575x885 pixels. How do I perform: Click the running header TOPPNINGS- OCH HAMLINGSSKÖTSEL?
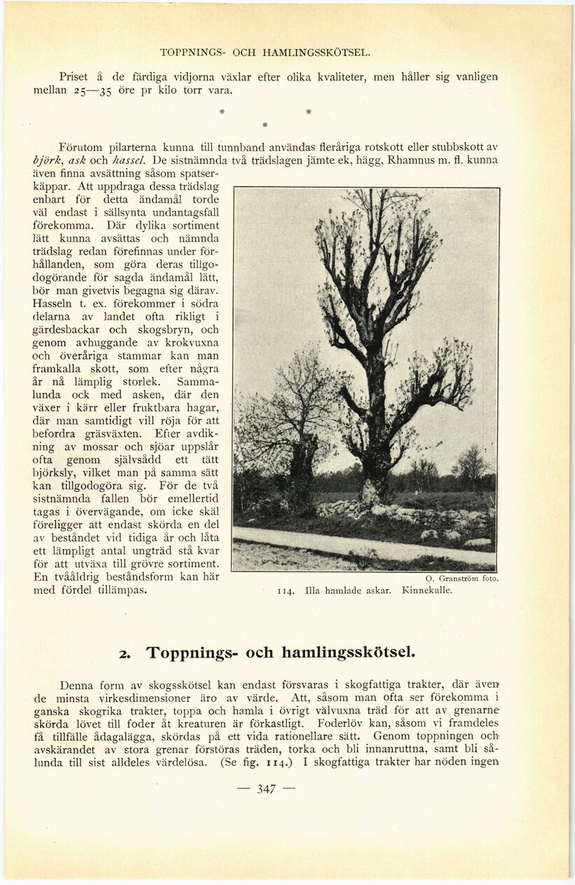(x=265, y=52)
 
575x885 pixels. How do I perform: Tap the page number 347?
(x=267, y=789)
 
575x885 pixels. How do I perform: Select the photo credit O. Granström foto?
(x=462, y=579)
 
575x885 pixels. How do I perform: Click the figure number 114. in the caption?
(x=285, y=590)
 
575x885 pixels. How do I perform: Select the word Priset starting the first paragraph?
(x=74, y=77)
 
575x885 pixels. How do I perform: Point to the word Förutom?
(x=80, y=147)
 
